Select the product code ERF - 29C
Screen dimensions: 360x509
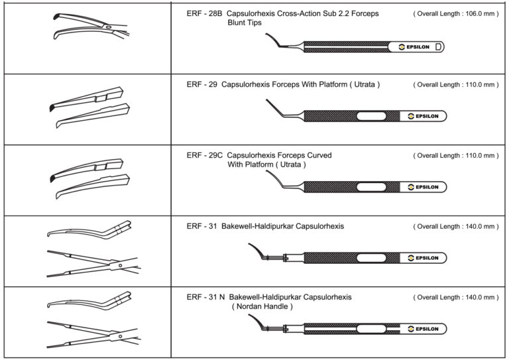(205, 155)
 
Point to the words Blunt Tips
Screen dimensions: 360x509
(245, 23)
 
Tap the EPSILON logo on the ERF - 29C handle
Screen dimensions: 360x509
(423, 187)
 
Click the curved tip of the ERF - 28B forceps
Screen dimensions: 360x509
(272, 40)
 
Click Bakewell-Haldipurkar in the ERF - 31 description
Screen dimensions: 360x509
(262, 226)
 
